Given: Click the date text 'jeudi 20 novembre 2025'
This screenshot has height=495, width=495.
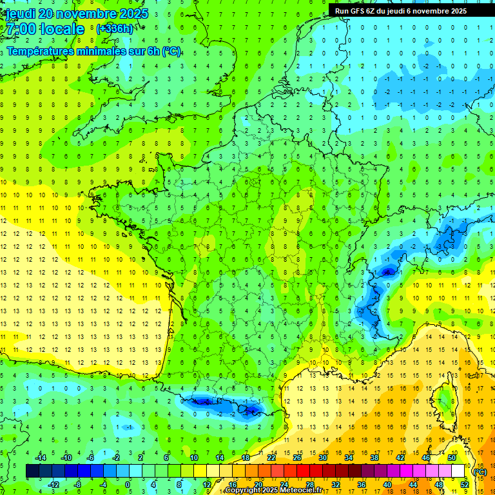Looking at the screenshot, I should tap(76, 14).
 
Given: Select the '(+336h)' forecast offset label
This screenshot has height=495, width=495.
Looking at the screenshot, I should tap(115, 28).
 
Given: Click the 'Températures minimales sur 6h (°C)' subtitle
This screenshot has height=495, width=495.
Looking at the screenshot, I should tap(93, 52).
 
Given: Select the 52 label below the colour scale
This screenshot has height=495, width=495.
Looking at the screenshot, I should tap(465, 484).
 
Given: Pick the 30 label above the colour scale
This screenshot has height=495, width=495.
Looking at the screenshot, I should tap(323, 458).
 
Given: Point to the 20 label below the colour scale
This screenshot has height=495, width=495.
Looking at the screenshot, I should tap(258, 484).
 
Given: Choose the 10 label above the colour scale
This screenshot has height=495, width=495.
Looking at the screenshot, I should tap(193, 458).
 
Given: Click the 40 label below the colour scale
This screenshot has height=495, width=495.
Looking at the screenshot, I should tap(387, 484).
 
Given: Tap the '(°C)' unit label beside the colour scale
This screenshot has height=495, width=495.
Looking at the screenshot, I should tap(480, 471).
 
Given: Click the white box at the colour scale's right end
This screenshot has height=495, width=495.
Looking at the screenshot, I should tap(458, 471).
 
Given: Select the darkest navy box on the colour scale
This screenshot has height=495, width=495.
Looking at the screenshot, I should tap(32, 471).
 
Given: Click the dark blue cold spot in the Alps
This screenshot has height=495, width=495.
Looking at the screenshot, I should tap(387, 272).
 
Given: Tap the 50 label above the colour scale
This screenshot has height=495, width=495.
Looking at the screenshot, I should tap(452, 458).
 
